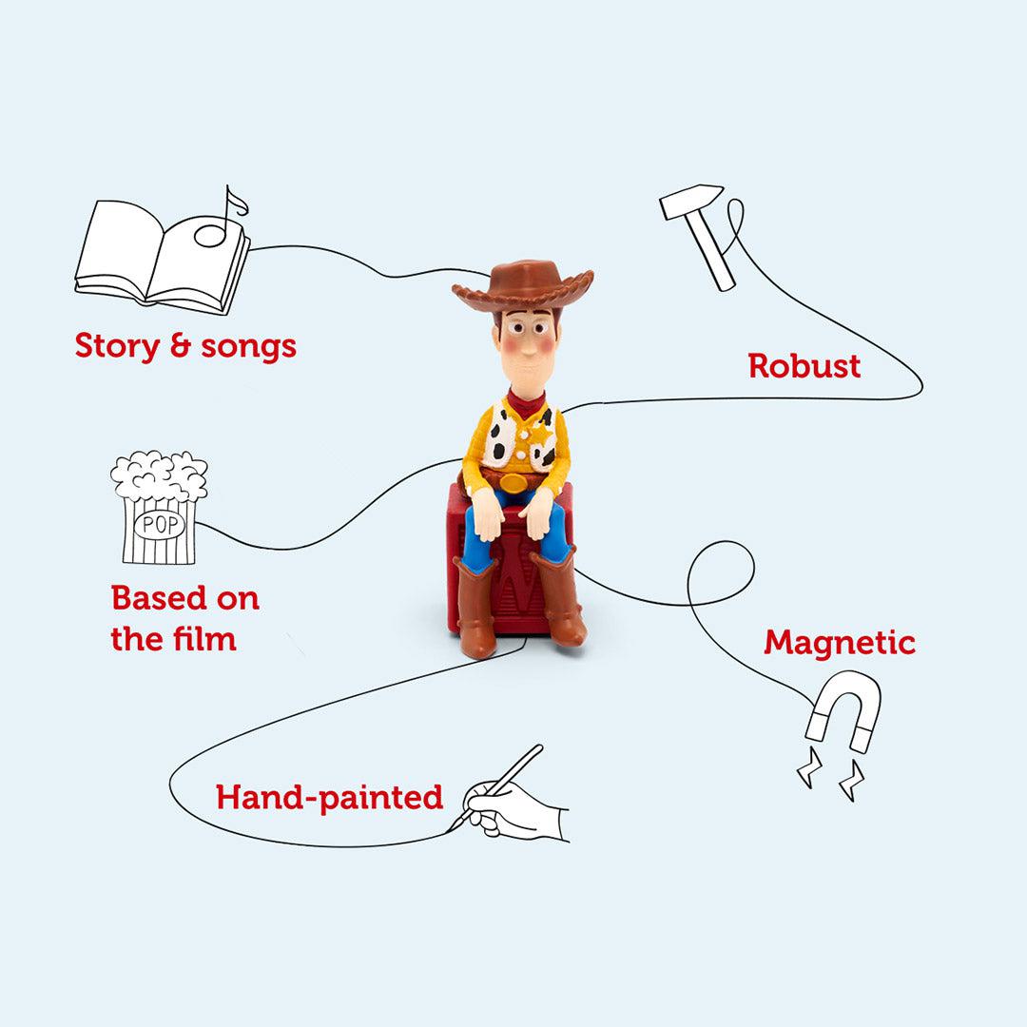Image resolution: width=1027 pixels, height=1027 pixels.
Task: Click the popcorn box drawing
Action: [159, 509]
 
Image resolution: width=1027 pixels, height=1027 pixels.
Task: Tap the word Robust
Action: [804, 366]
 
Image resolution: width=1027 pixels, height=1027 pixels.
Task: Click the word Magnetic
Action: [839, 644]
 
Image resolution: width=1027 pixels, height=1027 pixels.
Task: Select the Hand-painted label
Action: [329, 797]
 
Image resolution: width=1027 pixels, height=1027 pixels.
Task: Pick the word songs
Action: [248, 347]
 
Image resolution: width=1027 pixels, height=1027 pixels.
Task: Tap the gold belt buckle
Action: [514, 482]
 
